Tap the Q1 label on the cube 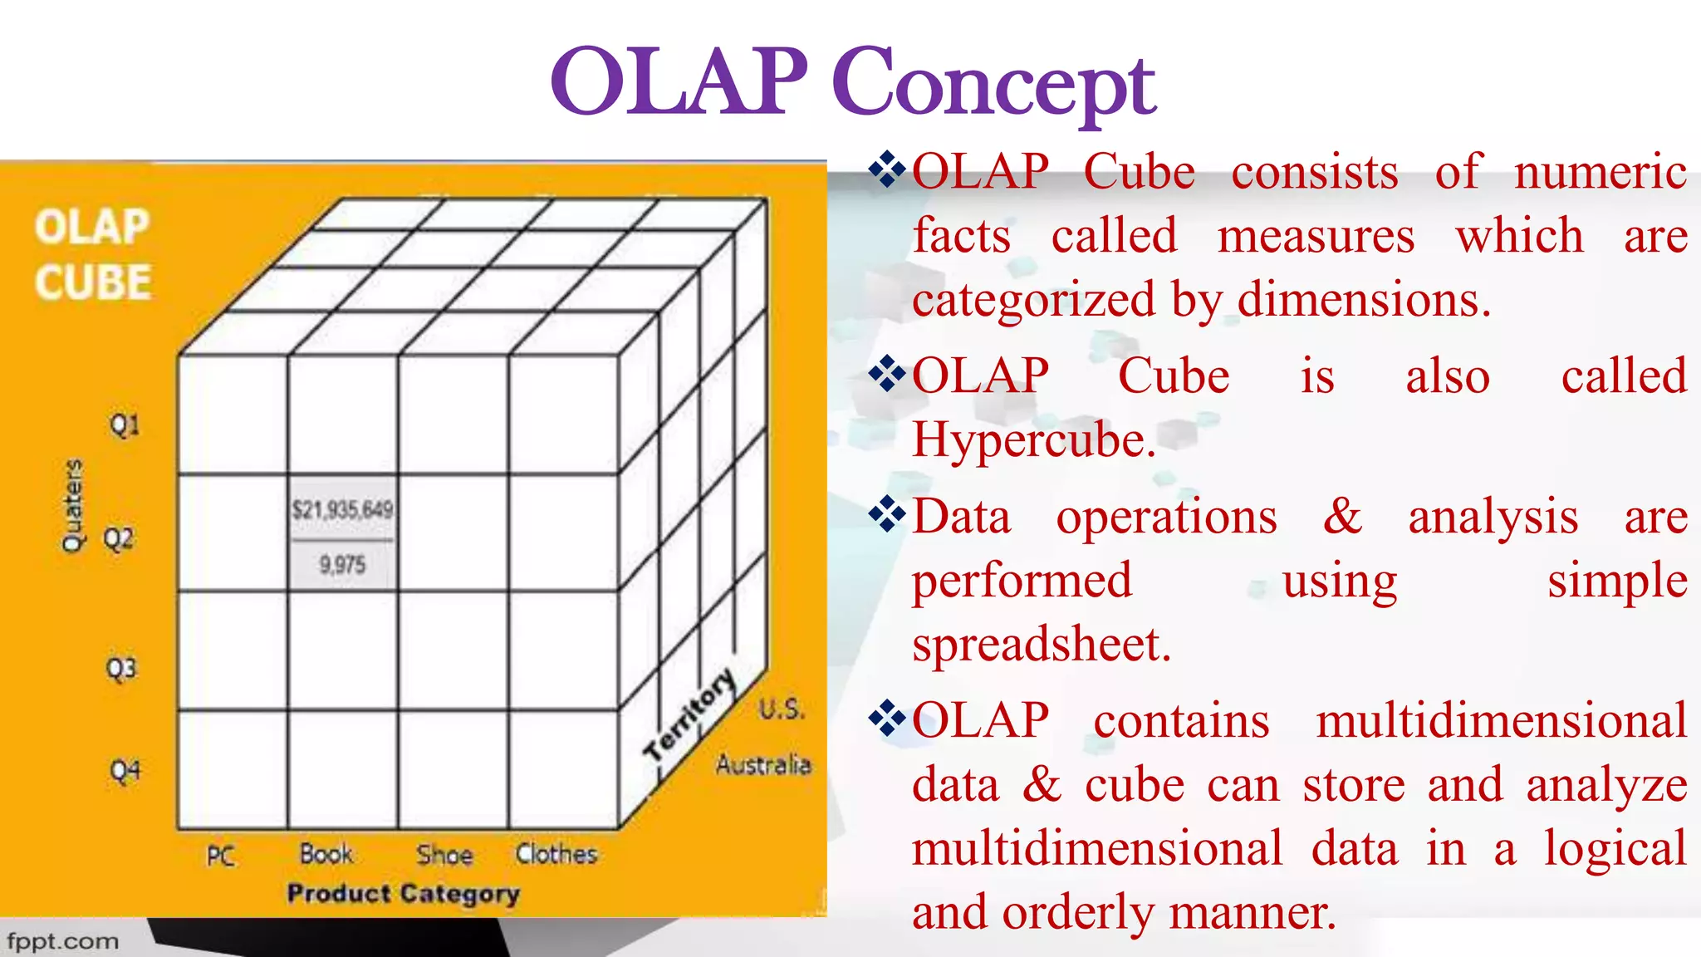(125, 426)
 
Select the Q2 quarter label (119, 539)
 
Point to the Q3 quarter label (121, 669)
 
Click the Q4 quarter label (125, 772)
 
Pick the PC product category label (221, 856)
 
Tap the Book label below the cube (326, 854)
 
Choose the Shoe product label (444, 855)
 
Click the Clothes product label (556, 854)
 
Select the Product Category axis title (404, 894)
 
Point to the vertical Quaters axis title (73, 505)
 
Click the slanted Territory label (690, 714)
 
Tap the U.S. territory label (781, 709)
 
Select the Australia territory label (763, 764)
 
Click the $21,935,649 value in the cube (342, 509)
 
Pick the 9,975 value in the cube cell (342, 566)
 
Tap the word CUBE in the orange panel (93, 282)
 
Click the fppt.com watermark (63, 942)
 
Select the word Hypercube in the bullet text (1032, 440)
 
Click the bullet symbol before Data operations (887, 515)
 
